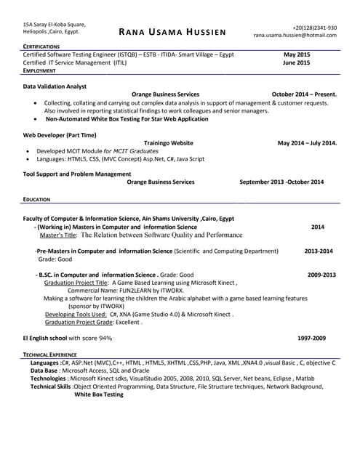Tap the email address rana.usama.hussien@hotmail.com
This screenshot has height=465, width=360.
click(x=295, y=35)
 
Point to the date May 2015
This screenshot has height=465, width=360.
click(x=297, y=55)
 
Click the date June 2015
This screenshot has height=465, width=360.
click(x=296, y=63)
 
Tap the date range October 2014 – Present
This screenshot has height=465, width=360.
click(x=304, y=94)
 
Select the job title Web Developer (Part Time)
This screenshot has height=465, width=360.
click(x=60, y=135)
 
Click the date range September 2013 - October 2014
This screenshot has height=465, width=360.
click(x=281, y=182)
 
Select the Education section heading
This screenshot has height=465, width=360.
click(x=36, y=198)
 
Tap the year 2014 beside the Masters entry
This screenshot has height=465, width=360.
click(x=318, y=227)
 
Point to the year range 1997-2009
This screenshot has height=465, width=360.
click(x=312, y=339)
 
